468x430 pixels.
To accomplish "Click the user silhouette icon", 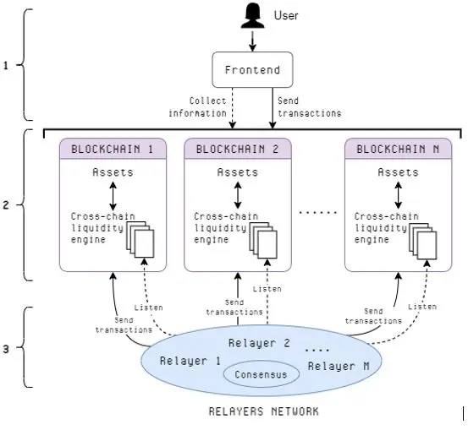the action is tap(252, 15).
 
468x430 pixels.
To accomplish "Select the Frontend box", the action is tap(252, 70).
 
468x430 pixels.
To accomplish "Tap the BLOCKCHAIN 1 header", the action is tap(113, 149).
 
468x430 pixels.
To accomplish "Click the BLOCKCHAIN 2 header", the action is tap(238, 149).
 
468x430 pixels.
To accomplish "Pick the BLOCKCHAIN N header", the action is tap(398, 149).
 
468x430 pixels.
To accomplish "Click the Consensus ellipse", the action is tap(262, 374).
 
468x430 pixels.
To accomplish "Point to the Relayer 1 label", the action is tap(190, 361).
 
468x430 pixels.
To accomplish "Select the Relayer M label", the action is tap(339, 366).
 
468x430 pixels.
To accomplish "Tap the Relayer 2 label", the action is tap(259, 343).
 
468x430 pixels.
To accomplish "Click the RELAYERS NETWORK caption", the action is tap(264, 411).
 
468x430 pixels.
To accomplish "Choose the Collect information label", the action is tap(197, 107).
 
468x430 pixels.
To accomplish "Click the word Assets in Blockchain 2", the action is tap(238, 172).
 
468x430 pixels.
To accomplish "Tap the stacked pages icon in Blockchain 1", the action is tap(140, 239).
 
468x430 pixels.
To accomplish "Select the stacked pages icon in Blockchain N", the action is tap(422, 241).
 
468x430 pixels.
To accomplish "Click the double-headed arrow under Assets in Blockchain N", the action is tap(398, 195).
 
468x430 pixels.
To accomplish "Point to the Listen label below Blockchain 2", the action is tap(267, 289).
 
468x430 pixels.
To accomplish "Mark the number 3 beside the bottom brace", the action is tap(6, 349).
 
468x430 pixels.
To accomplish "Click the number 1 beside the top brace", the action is tap(6, 66).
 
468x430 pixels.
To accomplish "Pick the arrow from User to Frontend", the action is tap(252, 41).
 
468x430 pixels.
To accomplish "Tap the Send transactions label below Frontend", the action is tap(309, 107).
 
